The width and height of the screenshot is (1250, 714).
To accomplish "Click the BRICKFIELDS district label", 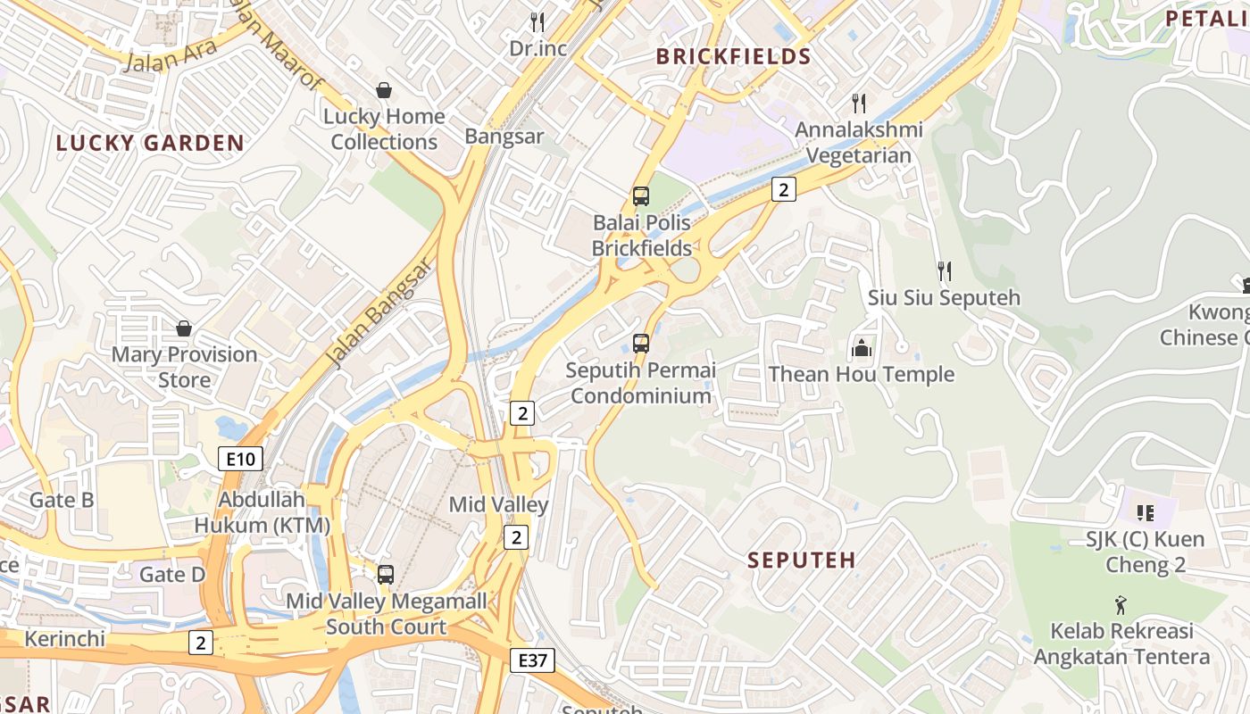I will pos(733,57).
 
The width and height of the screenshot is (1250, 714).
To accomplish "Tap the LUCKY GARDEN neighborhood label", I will pos(150,143).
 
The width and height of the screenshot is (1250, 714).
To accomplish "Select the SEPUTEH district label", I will pos(801,560).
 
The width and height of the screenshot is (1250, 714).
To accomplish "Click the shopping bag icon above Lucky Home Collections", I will pos(384,90).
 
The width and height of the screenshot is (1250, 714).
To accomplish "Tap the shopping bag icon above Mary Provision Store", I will pos(184,328).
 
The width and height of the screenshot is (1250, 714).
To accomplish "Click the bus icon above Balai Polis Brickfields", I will pos(640,196).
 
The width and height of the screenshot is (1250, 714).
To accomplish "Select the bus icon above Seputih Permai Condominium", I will pos(640,343).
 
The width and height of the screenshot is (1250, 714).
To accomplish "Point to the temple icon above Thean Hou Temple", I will pos(862,347).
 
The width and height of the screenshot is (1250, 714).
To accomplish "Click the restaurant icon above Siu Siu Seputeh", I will pos(944,270).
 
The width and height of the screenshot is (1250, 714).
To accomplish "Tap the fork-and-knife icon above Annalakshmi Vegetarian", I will pos(859,104).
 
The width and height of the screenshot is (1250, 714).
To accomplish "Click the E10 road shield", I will pos(240,460).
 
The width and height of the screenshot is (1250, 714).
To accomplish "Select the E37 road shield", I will pos(533,660).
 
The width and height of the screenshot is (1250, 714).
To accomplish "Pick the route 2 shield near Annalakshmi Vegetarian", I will pos(783,189).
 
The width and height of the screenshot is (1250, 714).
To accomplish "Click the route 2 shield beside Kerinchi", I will pos(201,642).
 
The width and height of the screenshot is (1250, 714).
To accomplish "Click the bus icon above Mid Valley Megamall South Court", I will pos(385,575).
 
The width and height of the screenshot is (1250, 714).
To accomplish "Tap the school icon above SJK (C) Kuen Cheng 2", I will pos(1145,513).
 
